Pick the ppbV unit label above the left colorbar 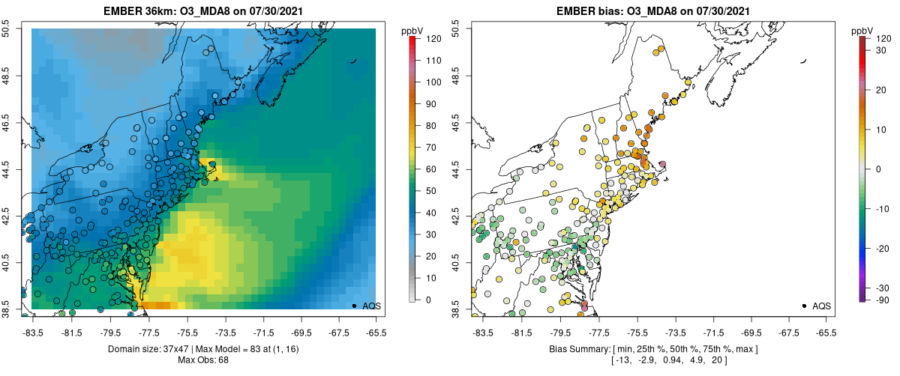pyautogui.click(x=412, y=30)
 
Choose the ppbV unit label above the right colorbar pyautogui.click(x=862, y=30)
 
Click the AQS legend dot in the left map pyautogui.click(x=354, y=306)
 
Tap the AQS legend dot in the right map pyautogui.click(x=804, y=306)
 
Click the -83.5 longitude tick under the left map pyautogui.click(x=33, y=332)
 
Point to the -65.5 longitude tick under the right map pyautogui.click(x=826, y=332)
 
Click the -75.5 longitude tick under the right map pyautogui.click(x=637, y=332)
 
